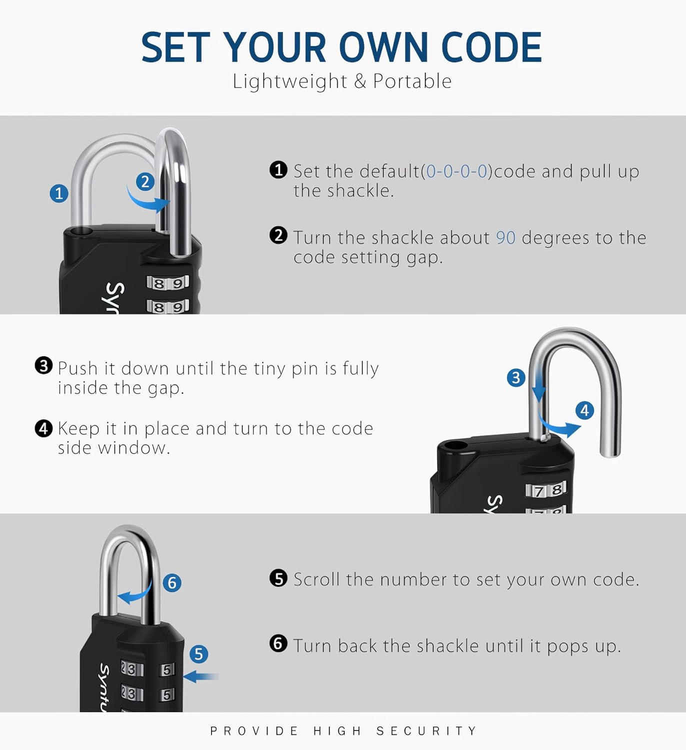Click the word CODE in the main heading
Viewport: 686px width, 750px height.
pos(491,47)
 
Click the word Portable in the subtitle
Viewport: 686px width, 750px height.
pos(412,81)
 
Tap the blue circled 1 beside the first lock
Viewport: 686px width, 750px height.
pos(59,193)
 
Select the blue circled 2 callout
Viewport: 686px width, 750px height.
pos(145,181)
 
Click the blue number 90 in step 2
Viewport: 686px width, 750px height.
pos(505,238)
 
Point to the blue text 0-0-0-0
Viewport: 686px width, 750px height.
pos(456,171)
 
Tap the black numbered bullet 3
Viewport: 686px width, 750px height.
pos(43,365)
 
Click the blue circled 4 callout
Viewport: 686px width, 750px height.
pos(584,410)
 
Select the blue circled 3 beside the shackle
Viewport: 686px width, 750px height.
pos(516,377)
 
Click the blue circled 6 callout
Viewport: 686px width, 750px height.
pos(172,582)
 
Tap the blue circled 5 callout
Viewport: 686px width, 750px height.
pos(198,654)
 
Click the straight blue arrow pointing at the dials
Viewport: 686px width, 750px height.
pos(201,676)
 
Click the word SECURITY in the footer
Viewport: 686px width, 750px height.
pos(427,731)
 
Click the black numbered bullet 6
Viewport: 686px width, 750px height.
pos(278,643)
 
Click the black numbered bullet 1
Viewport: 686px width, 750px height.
pos(278,170)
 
